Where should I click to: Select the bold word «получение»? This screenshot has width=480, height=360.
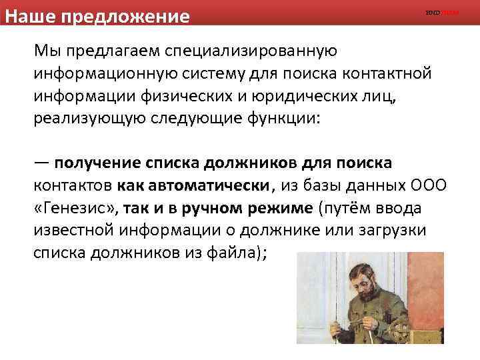[95, 162]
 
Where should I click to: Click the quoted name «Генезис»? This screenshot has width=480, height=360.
[77, 208]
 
